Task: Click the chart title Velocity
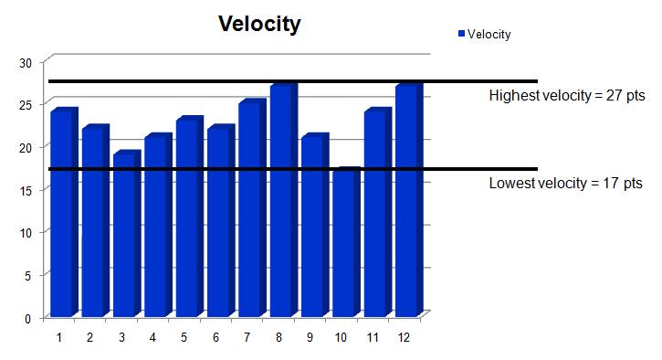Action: (x=258, y=24)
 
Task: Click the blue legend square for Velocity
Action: (x=461, y=34)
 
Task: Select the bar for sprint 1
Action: (x=62, y=215)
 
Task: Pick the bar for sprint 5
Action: (x=187, y=219)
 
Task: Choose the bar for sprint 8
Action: (x=281, y=202)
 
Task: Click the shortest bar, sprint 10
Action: (x=344, y=244)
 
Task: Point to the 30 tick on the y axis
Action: (x=26, y=62)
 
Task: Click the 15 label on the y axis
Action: (x=26, y=190)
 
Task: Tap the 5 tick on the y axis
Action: (x=28, y=275)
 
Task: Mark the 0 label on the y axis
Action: (x=28, y=318)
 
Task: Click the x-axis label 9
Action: (x=310, y=338)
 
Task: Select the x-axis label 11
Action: (x=372, y=338)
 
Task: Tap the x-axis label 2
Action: (x=89, y=338)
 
